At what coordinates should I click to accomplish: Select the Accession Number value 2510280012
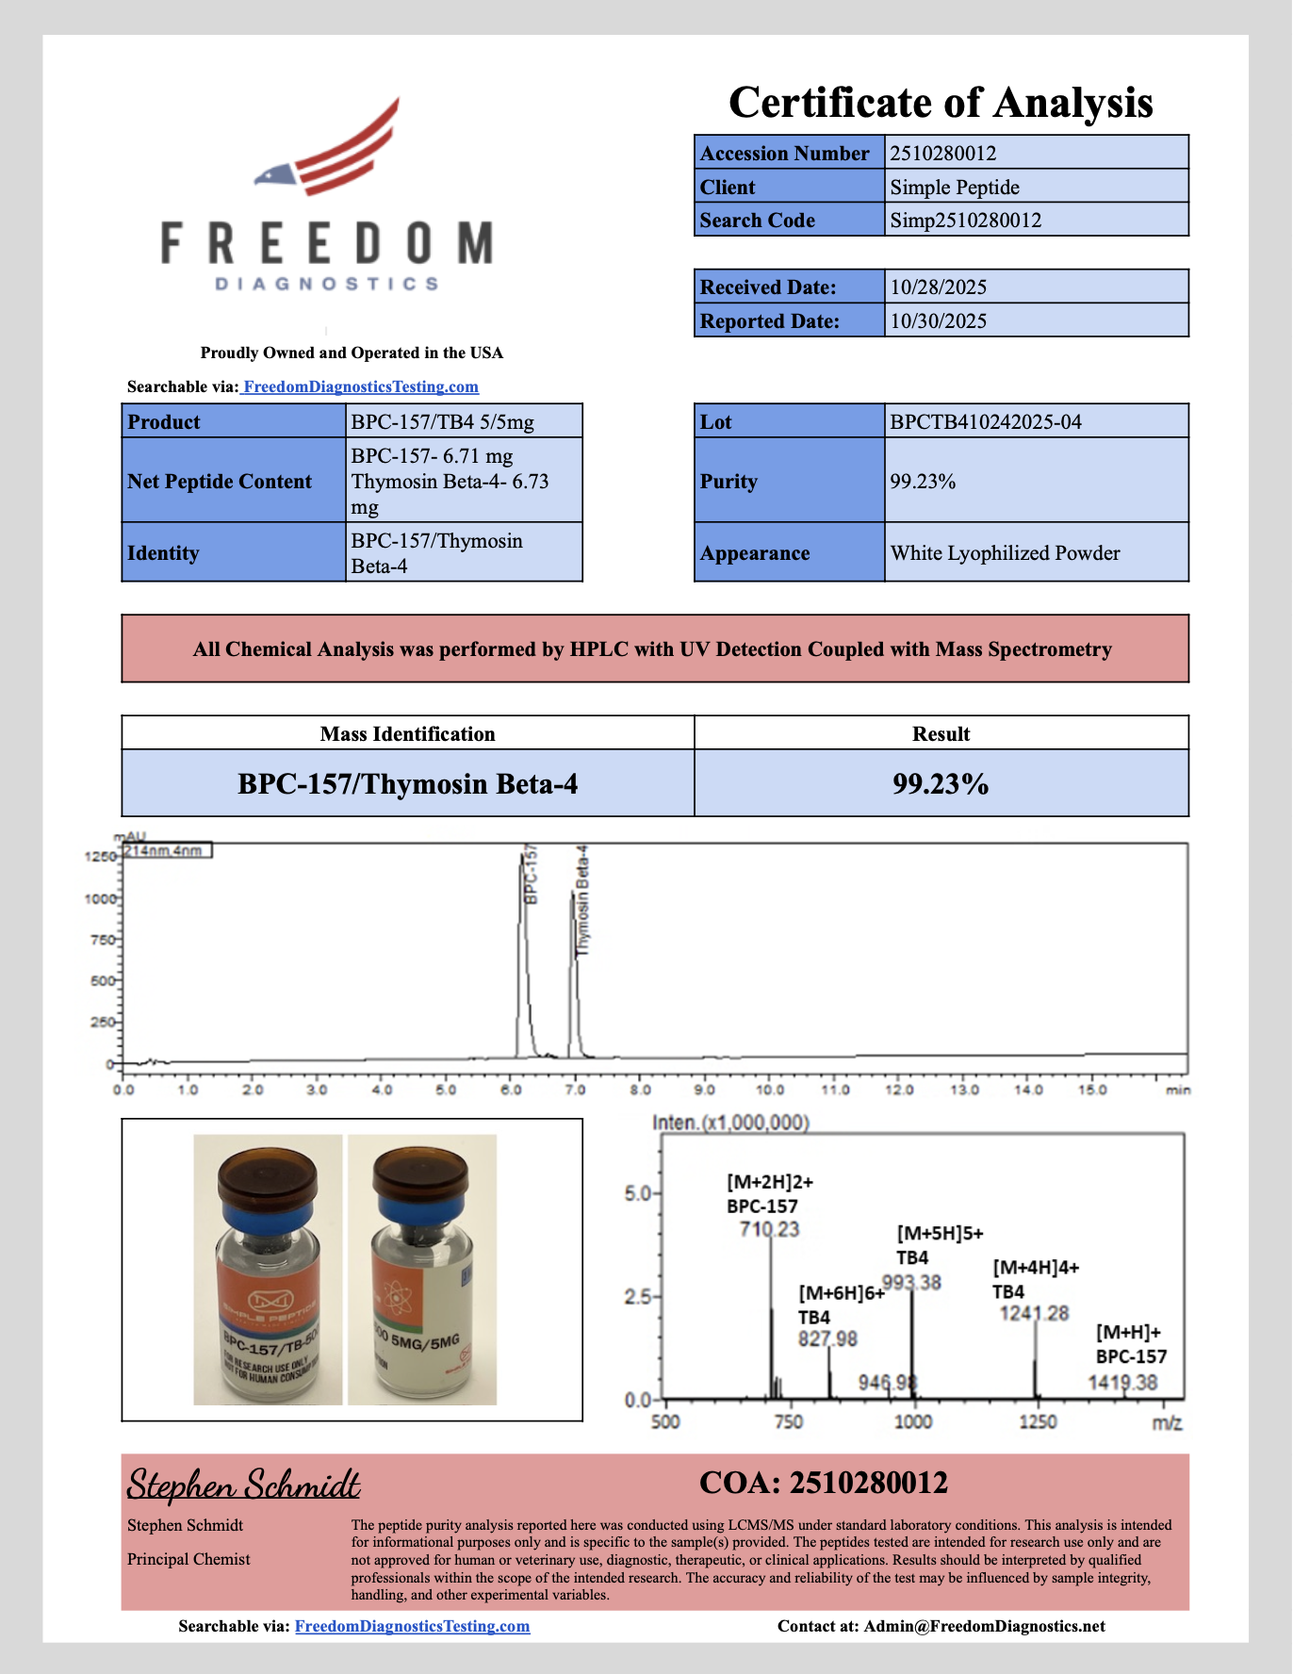(x=942, y=153)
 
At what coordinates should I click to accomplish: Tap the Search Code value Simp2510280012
(x=965, y=221)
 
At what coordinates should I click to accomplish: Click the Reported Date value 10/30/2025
(x=938, y=321)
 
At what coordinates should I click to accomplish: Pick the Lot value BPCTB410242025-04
(x=986, y=422)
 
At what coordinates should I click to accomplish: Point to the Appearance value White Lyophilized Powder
(x=1005, y=553)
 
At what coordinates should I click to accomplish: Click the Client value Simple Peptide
(x=954, y=187)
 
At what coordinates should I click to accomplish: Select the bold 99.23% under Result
(x=940, y=784)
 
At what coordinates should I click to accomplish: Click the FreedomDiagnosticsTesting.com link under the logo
(x=360, y=386)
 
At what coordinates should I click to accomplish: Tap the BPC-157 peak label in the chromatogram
(x=531, y=875)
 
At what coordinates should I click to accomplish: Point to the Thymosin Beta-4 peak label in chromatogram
(x=582, y=901)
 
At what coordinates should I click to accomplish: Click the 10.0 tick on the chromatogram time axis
(x=770, y=1090)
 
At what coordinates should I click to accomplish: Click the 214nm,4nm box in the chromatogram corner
(x=164, y=851)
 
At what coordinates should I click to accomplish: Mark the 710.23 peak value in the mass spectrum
(x=769, y=1229)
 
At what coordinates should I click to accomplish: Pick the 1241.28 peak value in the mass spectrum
(x=1034, y=1313)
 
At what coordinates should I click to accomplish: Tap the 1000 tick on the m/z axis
(x=912, y=1421)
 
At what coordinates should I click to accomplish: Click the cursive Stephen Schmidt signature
(x=243, y=1485)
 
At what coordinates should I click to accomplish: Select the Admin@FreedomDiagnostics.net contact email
(x=984, y=1626)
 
